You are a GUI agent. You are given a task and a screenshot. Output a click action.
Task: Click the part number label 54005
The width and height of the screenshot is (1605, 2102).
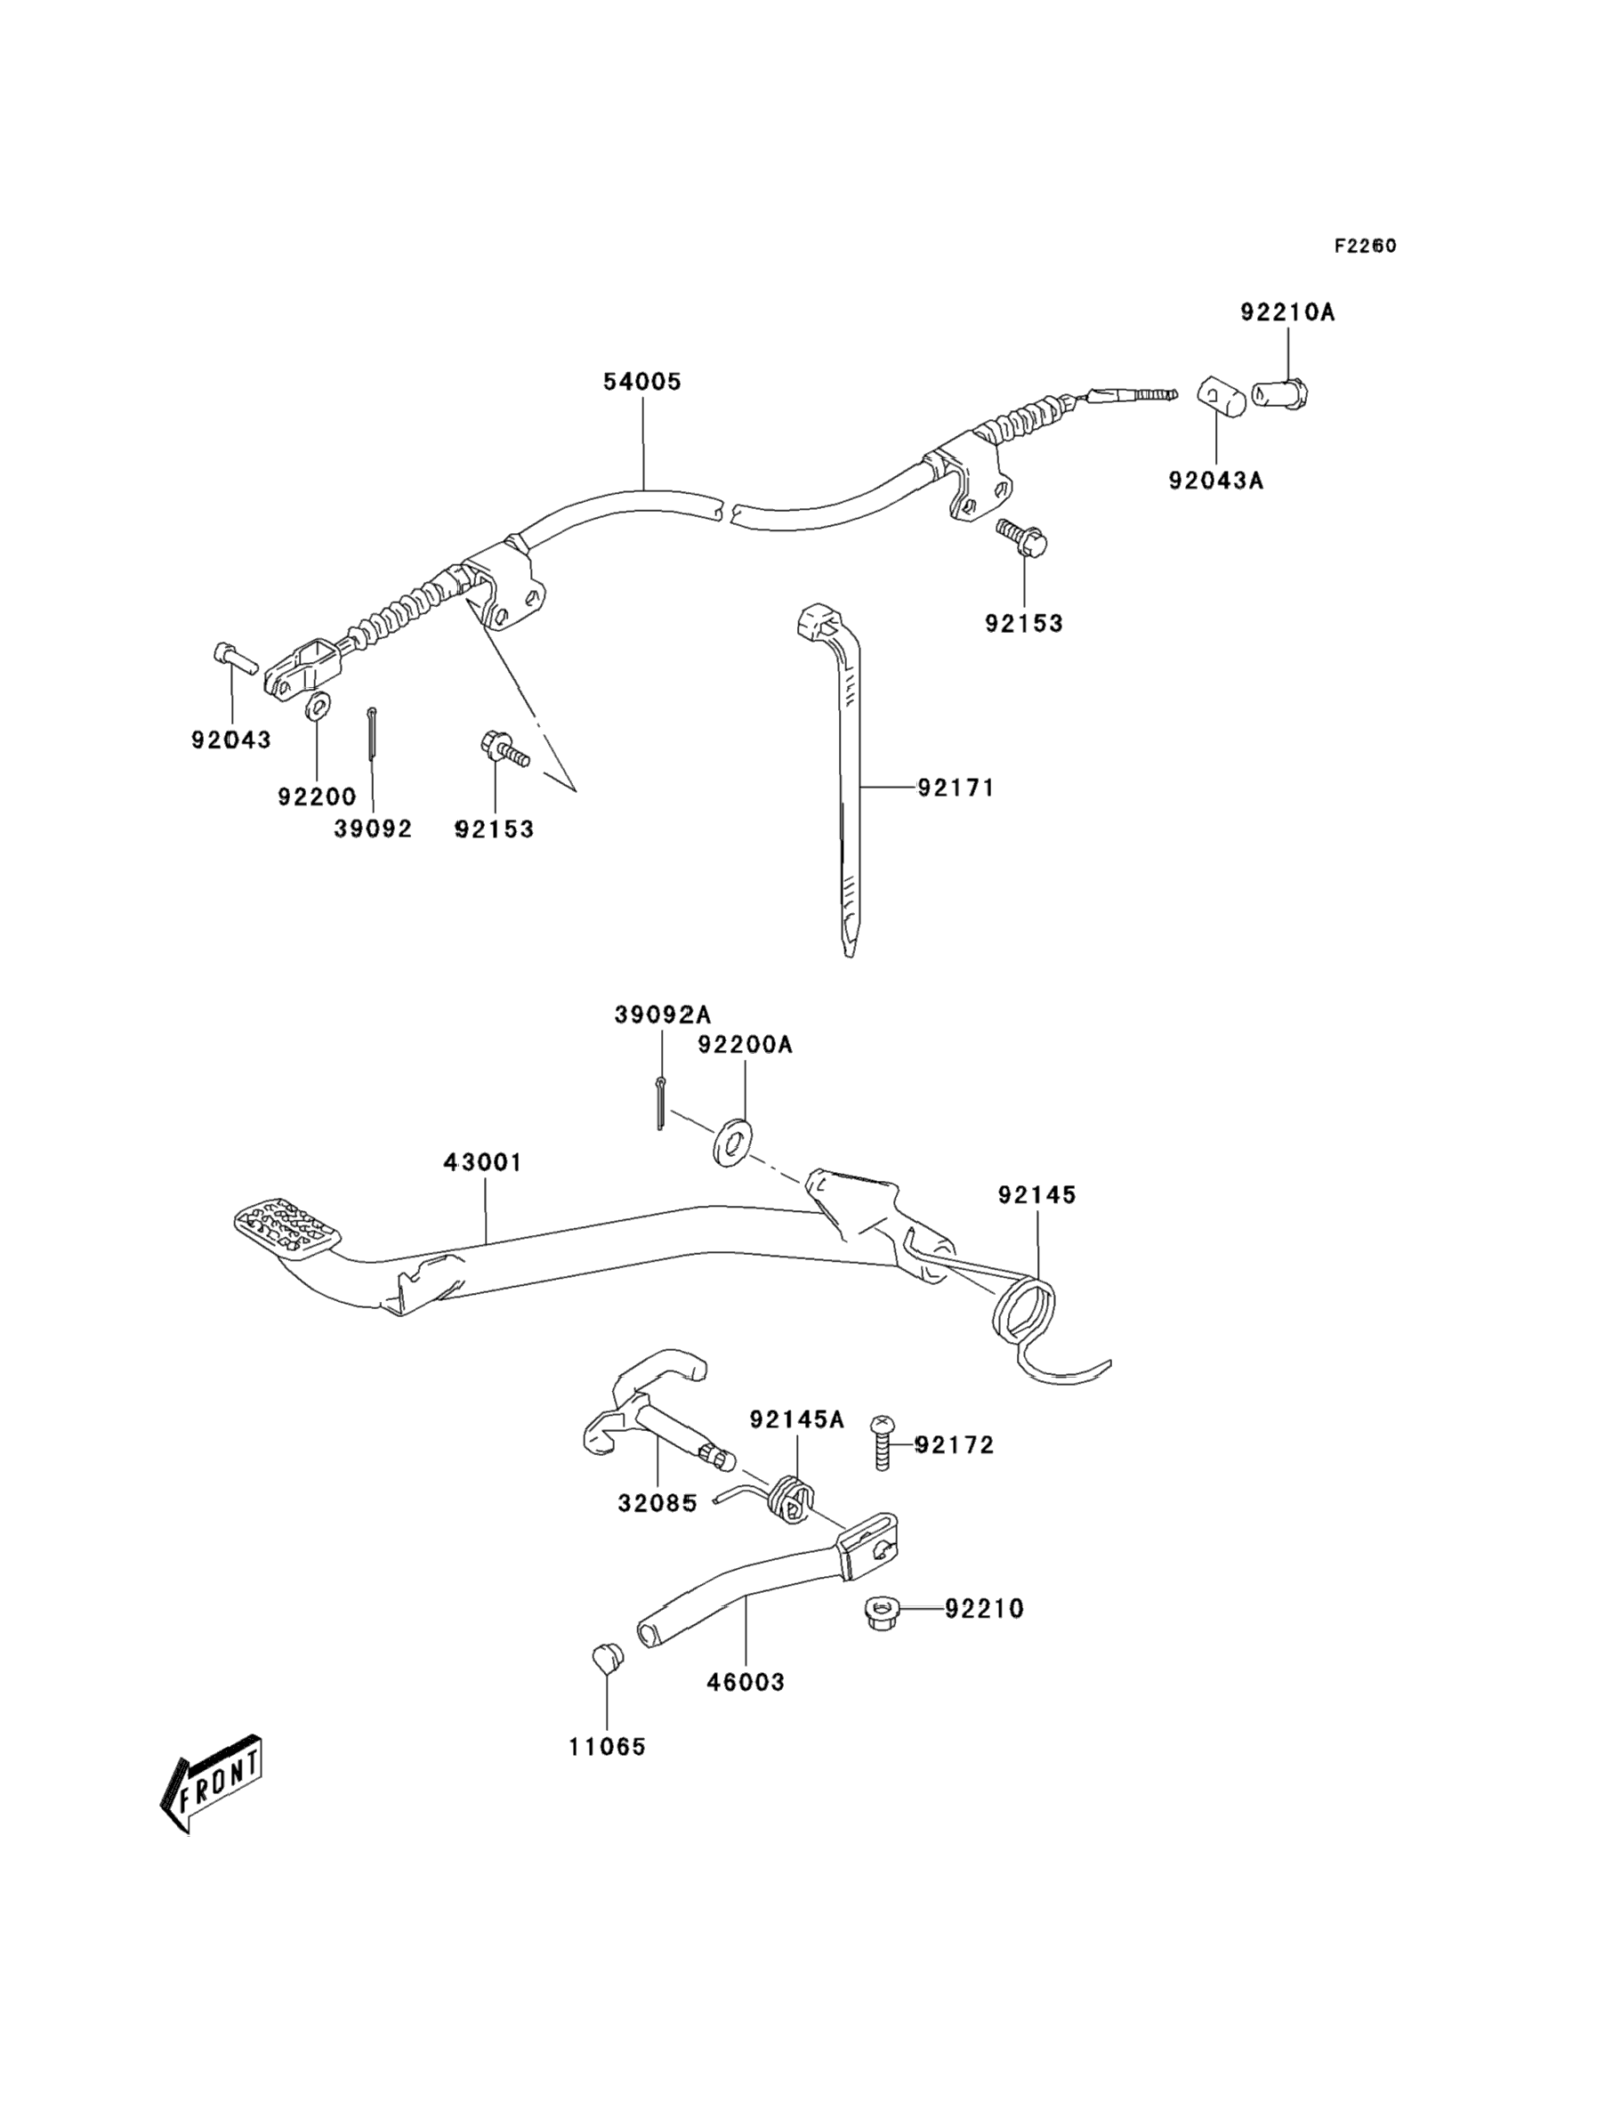click(x=642, y=382)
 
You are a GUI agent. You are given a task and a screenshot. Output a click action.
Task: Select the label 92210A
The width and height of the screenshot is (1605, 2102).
click(x=1287, y=311)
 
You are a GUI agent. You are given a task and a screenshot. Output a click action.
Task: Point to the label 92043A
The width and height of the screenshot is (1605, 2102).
click(x=1216, y=480)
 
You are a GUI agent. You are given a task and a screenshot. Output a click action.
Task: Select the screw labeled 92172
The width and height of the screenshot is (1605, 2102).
click(x=880, y=1455)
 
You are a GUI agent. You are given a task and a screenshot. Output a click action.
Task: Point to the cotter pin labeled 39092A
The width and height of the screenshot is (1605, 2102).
click(x=660, y=1103)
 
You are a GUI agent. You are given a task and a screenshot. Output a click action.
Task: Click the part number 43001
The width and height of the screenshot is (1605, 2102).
click(x=483, y=1162)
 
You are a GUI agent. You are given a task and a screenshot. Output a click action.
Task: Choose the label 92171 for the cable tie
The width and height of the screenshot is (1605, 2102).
click(x=956, y=788)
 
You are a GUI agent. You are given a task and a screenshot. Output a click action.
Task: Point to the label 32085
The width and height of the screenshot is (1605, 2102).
click(x=657, y=1503)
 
